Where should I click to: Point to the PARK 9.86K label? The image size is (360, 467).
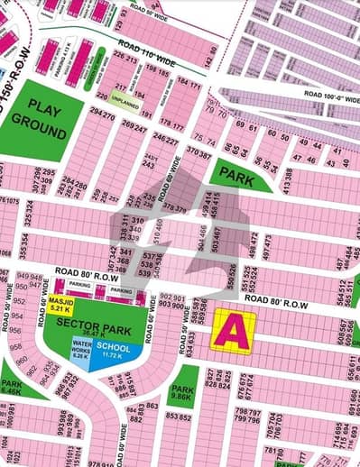point(181,392)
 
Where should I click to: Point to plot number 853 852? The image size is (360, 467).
point(178,417)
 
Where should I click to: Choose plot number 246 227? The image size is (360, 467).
point(164,141)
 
